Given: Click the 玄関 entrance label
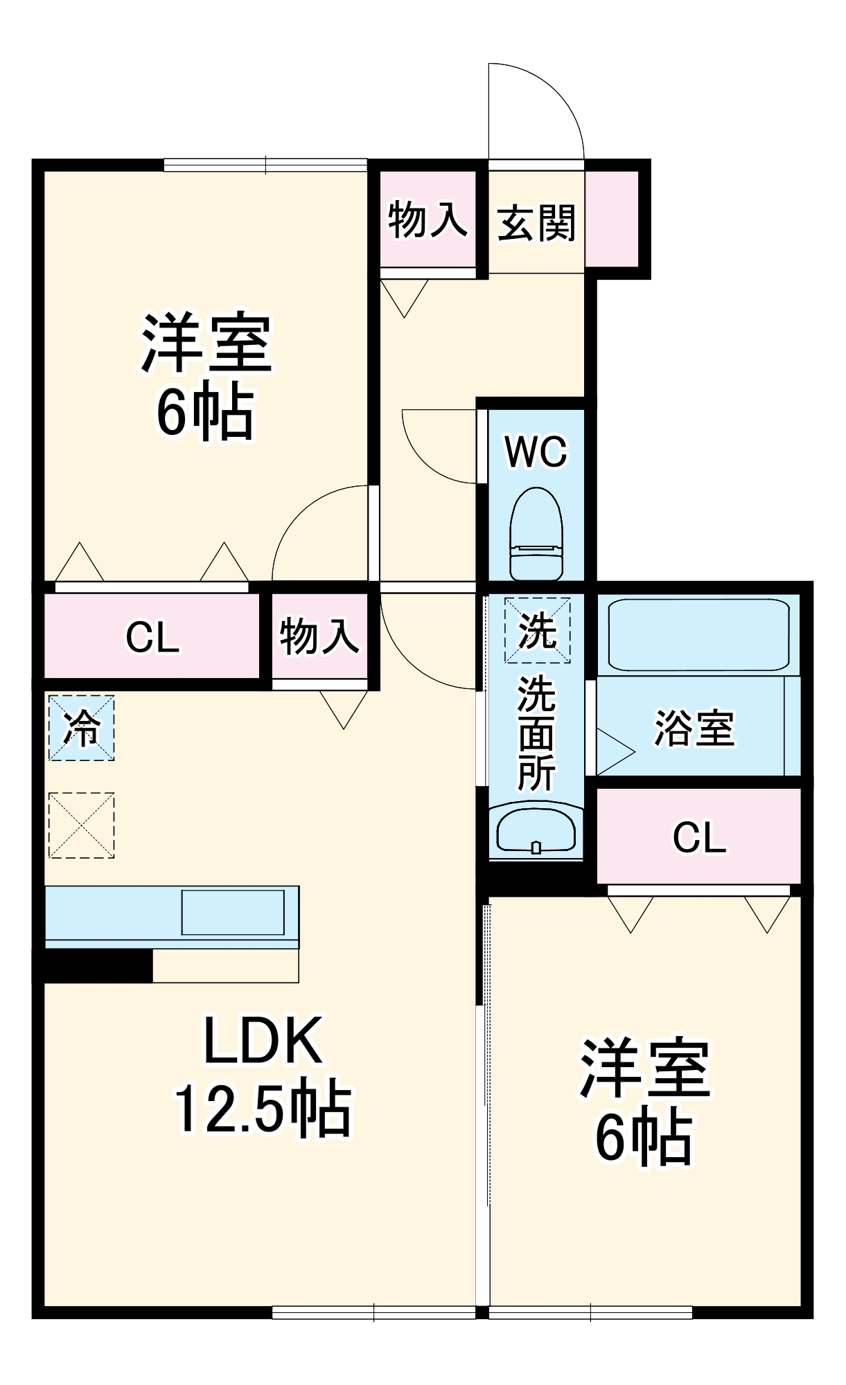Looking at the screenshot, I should (536, 223).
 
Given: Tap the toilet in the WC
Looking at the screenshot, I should (536, 534).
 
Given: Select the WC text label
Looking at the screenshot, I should (536, 452).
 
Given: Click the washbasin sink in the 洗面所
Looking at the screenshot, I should (536, 830).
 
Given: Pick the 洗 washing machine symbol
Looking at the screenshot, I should (537, 630).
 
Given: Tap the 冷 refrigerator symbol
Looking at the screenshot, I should (81, 728).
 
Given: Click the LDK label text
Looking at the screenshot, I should (263, 1039).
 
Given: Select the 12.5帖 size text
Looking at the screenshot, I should (263, 1108).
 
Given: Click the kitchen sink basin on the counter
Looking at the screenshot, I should (233, 913).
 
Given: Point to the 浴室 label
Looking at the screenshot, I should (694, 728).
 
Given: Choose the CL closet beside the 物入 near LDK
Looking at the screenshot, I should (152, 636).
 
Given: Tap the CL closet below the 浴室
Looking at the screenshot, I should (699, 837).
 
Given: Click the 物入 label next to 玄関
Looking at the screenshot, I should (428, 220).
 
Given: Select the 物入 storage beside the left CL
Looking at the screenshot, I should (319, 636).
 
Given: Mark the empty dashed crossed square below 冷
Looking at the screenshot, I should (81, 825).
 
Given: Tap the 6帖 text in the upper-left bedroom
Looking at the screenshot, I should (206, 413).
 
